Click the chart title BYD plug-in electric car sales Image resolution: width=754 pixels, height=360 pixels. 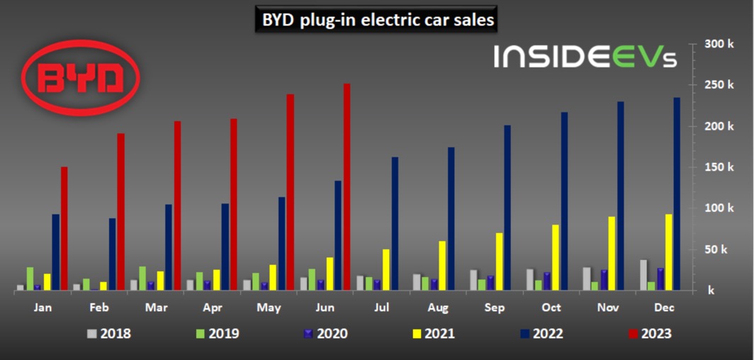[x=376, y=21]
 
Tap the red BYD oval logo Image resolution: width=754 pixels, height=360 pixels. [x=81, y=77]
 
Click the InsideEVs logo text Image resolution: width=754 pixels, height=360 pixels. [x=585, y=57]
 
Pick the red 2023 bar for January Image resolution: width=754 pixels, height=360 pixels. [x=64, y=228]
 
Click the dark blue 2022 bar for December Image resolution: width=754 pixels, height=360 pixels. [x=676, y=193]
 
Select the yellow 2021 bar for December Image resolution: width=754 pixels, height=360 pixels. [x=668, y=252]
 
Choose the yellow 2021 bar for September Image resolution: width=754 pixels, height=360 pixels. [x=499, y=261]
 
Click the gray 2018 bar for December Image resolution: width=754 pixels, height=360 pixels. [x=642, y=275]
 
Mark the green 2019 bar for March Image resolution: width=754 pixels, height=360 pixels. [x=142, y=278]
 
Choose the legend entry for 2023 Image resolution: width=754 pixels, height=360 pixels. [x=648, y=333]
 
